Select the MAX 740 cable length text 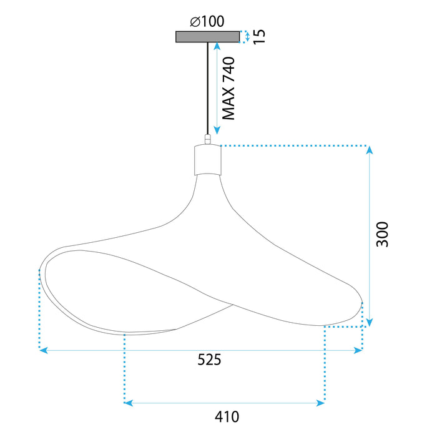(x=229, y=88)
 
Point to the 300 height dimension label (x=382, y=233)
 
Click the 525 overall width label (x=210, y=360)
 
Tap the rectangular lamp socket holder (x=207, y=160)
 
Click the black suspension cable (x=207, y=87)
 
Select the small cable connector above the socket (x=207, y=139)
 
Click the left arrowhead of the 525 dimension (x=43, y=351)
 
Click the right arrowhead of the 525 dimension (x=359, y=351)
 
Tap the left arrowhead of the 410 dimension (x=129, y=403)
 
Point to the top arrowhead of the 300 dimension (x=370, y=150)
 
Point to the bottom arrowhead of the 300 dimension (x=370, y=323)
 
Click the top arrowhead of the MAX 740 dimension (x=217, y=46)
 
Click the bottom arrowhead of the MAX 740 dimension (x=217, y=131)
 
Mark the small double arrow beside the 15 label (x=247, y=37)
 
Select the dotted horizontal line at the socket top (x=293, y=146)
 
